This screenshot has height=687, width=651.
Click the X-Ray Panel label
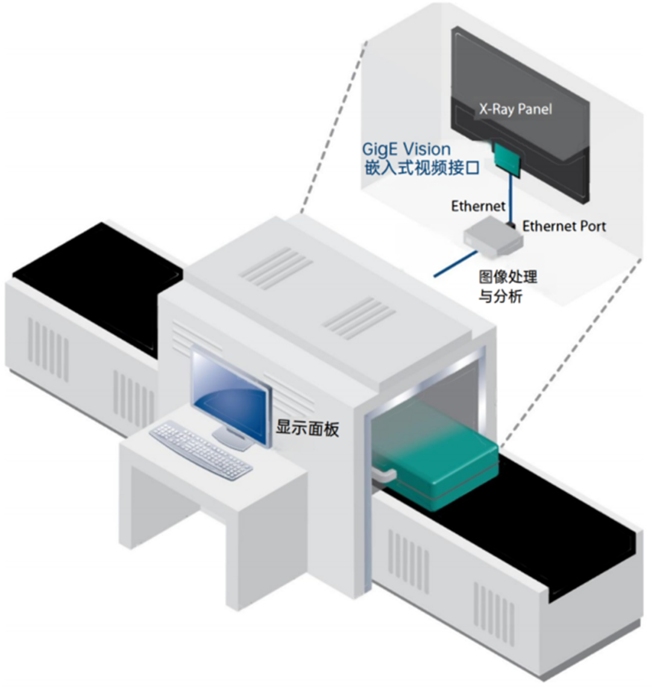click(515, 109)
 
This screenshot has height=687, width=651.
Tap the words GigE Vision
click(406, 149)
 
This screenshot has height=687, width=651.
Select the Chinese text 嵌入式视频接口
click(422, 168)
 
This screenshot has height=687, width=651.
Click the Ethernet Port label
click(564, 227)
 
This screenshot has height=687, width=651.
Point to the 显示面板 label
click(307, 428)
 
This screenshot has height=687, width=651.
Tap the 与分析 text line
click(500, 296)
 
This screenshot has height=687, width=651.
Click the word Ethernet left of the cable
click(478, 207)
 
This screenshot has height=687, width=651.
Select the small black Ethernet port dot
click(512, 226)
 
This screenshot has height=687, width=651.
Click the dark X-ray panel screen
click(518, 78)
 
